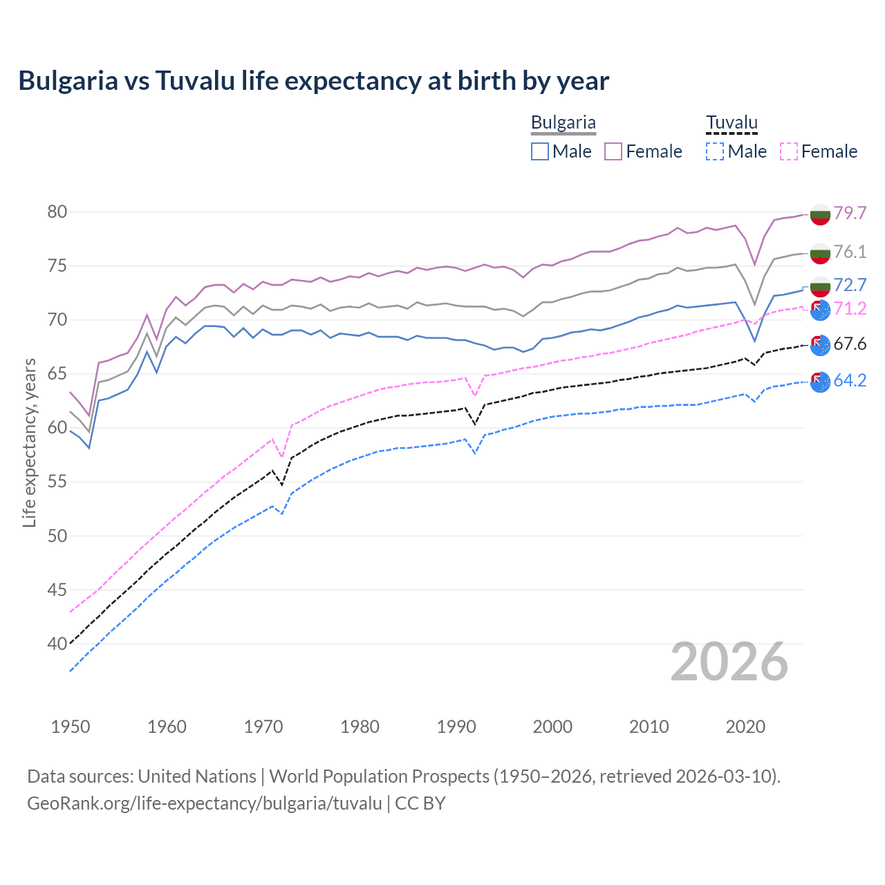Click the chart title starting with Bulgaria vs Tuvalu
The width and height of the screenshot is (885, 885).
(x=313, y=81)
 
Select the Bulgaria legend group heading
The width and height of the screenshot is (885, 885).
(x=563, y=122)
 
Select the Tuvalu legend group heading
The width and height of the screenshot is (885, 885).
(x=732, y=122)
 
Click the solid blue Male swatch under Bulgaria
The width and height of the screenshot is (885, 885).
(x=540, y=151)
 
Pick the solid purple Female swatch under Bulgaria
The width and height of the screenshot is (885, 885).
(x=613, y=151)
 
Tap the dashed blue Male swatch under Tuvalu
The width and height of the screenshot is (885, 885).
(x=715, y=151)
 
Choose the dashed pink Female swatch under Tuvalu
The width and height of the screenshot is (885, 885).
(x=789, y=151)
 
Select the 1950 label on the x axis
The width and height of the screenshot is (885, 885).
(x=71, y=727)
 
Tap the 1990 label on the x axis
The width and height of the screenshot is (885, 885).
(x=456, y=727)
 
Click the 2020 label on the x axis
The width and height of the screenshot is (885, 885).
(x=745, y=727)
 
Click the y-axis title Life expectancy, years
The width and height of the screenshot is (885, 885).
(x=30, y=442)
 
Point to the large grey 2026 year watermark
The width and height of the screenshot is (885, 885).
(x=729, y=662)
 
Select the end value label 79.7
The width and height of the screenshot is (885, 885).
(x=850, y=213)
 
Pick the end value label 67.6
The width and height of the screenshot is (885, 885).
(x=850, y=344)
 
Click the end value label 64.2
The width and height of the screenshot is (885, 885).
(x=850, y=380)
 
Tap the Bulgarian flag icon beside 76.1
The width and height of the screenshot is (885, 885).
(x=820, y=253)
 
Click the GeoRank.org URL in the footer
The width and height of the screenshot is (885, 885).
(x=205, y=803)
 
